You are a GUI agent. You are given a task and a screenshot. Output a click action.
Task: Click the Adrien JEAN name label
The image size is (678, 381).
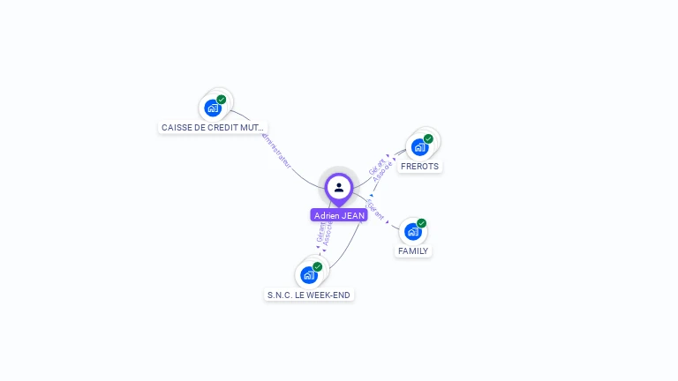tap(339, 215)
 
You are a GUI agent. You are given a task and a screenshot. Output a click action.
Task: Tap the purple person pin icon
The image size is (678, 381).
tap(339, 187)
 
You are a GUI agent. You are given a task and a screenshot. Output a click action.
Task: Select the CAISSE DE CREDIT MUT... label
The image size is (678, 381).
tap(212, 128)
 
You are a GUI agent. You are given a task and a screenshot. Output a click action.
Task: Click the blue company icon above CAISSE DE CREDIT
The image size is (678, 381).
tap(212, 108)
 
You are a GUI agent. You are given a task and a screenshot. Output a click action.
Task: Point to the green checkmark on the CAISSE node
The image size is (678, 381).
tap(222, 100)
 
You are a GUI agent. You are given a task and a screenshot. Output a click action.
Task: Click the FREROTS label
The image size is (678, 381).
tap(419, 166)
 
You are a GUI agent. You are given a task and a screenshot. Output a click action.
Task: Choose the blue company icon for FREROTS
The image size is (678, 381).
tap(418, 147)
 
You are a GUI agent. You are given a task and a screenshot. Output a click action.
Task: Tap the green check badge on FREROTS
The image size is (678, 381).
tap(428, 138)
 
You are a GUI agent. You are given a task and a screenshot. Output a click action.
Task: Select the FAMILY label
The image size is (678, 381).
tap(412, 250)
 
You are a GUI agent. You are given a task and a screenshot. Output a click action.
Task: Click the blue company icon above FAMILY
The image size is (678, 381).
tap(412, 232)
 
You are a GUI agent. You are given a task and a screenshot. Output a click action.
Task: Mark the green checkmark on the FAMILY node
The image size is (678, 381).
tap(422, 223)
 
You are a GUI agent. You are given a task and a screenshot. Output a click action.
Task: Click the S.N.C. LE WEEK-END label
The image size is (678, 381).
tap(310, 295)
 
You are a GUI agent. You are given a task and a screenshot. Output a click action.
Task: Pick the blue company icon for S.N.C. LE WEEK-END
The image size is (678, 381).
tap(308, 275)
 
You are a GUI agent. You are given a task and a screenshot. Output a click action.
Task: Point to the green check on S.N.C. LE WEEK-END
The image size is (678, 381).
tap(318, 266)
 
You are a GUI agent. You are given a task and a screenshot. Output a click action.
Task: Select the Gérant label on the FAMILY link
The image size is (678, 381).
tap(376, 210)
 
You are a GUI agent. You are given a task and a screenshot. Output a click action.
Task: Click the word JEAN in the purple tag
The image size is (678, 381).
tap(352, 215)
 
